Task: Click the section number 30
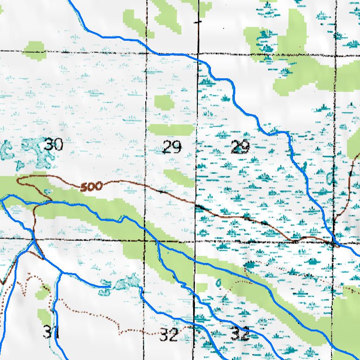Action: coord(53,145)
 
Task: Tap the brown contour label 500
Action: coord(91,187)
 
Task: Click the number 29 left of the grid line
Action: coord(172,148)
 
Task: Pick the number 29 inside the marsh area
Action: coord(240,149)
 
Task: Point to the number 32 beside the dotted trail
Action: coord(168,335)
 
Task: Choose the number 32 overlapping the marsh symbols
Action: coord(240,334)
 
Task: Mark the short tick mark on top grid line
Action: coord(198,22)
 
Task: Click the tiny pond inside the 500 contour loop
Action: coord(47,191)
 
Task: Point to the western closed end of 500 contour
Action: coord(17,180)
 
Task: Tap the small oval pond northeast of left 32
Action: coord(218,283)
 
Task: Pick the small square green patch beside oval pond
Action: coord(202,287)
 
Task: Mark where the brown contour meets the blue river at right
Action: coord(334,243)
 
